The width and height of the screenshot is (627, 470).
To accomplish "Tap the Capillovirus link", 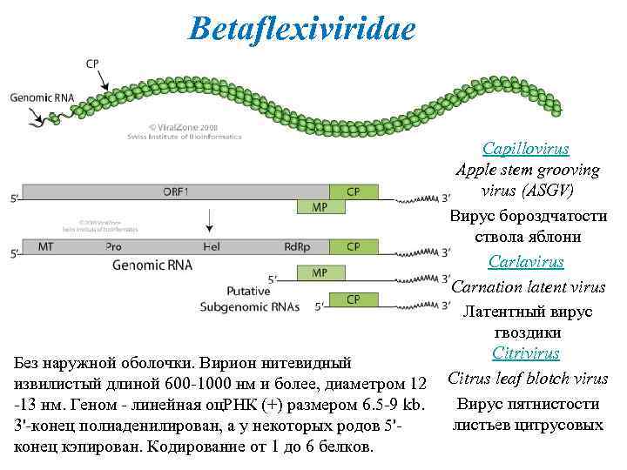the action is tap(526, 149).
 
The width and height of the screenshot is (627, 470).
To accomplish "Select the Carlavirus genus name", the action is tap(526, 261).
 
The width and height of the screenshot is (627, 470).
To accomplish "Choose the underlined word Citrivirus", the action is tap(526, 353).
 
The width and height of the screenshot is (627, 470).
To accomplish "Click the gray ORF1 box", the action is tap(174, 191).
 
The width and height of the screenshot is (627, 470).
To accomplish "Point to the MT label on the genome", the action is tap(45, 246).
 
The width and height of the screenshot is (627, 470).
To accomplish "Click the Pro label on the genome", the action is tap(113, 246).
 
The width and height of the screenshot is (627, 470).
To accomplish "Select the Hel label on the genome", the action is tap(211, 246).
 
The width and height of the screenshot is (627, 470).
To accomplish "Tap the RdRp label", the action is tap(297, 246).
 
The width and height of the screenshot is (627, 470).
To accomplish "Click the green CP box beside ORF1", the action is tap(354, 191).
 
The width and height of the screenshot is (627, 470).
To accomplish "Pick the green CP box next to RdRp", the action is tap(354, 246).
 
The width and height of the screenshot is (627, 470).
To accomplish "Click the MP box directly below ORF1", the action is tap(320, 207).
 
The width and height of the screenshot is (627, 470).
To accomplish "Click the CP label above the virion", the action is tap(92, 64).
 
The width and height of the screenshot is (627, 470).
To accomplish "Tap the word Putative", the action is tap(248, 291).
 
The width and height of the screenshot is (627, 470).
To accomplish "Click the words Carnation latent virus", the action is tap(529, 286).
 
